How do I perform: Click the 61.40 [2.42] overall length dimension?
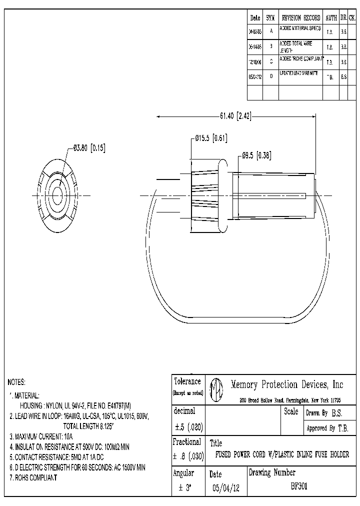click(x=235, y=116)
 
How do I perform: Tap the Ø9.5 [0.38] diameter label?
click(x=256, y=155)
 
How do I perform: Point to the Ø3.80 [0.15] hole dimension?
click(x=89, y=147)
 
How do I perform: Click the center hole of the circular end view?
click(x=56, y=195)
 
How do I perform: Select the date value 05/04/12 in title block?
click(x=226, y=488)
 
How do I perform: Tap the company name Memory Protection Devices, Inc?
click(x=287, y=384)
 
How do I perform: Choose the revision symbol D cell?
click(x=270, y=77)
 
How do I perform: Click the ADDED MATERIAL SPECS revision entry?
click(x=300, y=29)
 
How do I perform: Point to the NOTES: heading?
click(x=16, y=382)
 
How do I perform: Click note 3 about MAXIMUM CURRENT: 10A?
click(x=41, y=436)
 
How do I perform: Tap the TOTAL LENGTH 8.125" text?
click(x=88, y=426)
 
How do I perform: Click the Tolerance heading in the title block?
click(x=187, y=381)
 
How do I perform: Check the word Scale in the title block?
click(x=291, y=411)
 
